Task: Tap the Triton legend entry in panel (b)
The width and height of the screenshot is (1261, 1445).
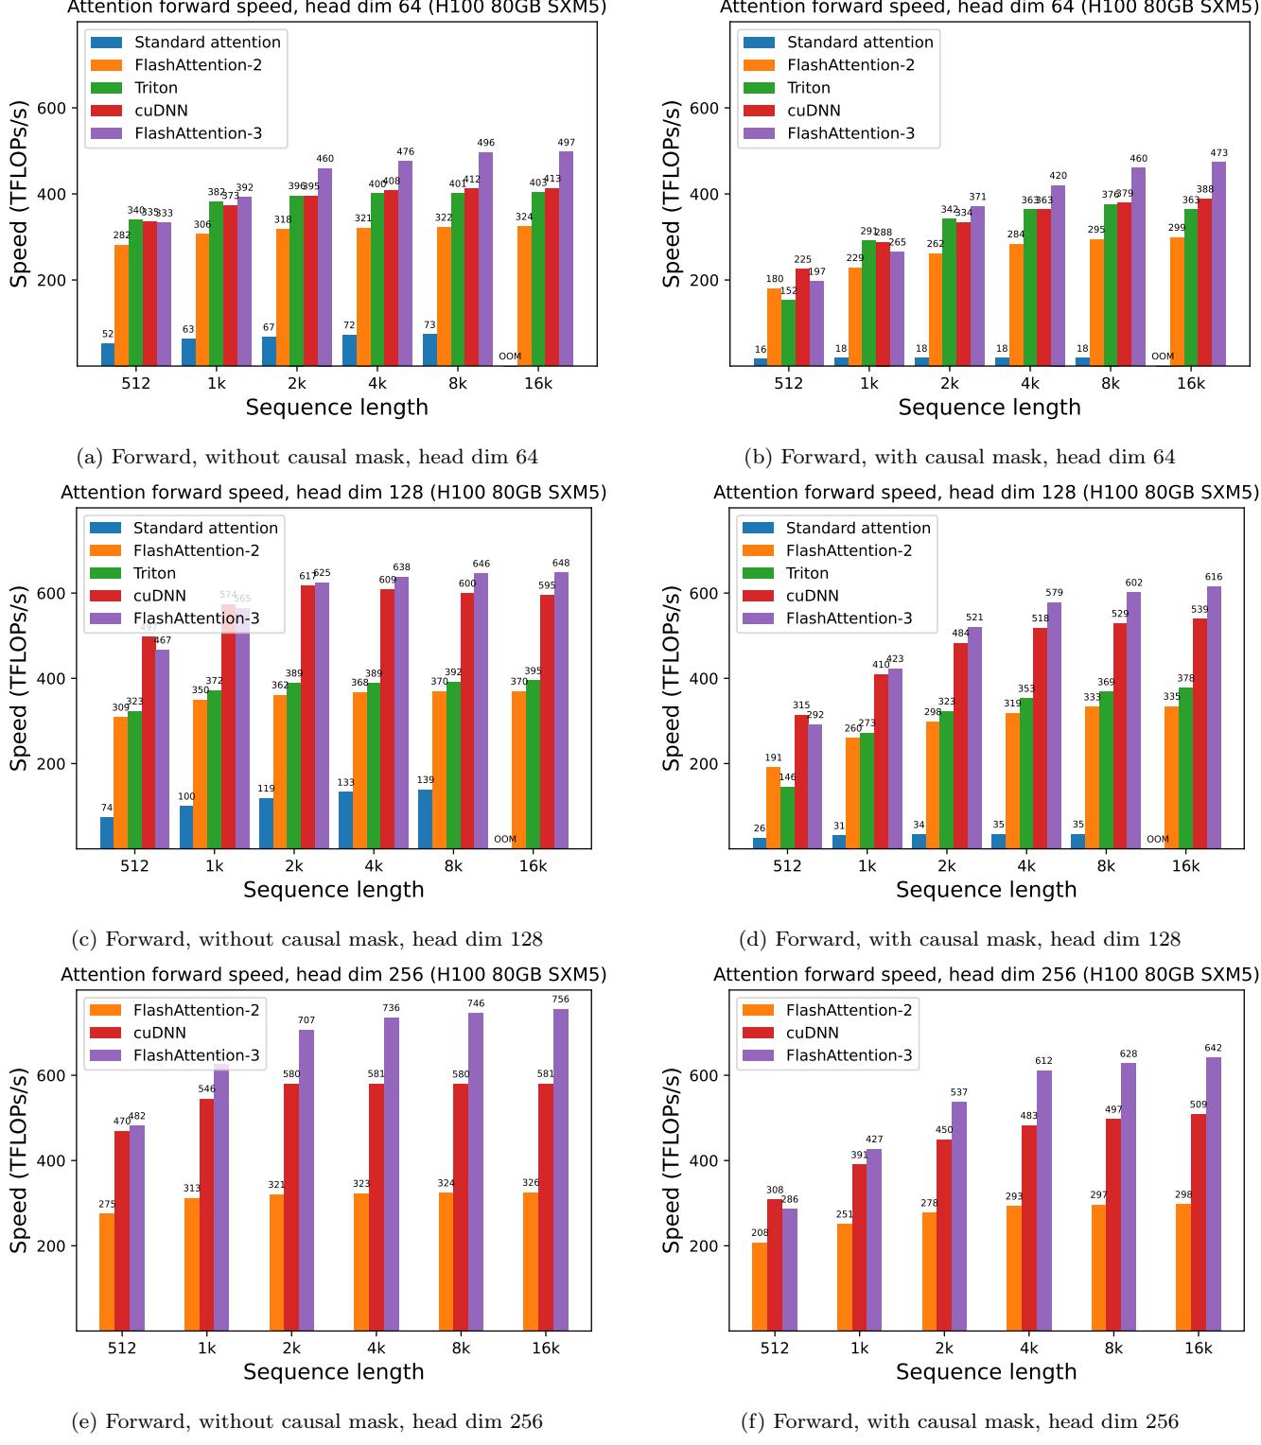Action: click(x=808, y=88)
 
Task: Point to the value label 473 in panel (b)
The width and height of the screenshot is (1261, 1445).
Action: click(x=1218, y=153)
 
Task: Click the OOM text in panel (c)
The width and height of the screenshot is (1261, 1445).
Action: click(x=505, y=839)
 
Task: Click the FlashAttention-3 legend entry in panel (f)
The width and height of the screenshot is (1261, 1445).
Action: click(x=849, y=1055)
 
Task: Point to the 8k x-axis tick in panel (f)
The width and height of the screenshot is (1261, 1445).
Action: click(x=1113, y=1348)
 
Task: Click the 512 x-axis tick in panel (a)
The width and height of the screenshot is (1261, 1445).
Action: click(x=136, y=383)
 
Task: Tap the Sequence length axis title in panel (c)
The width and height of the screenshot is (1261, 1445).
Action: click(x=333, y=890)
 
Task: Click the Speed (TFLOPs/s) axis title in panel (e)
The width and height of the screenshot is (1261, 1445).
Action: click(x=19, y=1160)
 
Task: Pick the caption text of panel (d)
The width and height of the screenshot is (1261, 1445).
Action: click(x=959, y=939)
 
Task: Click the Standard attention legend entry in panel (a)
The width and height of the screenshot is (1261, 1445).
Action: click(x=207, y=43)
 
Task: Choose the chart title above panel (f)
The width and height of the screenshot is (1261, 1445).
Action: click(x=986, y=974)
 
